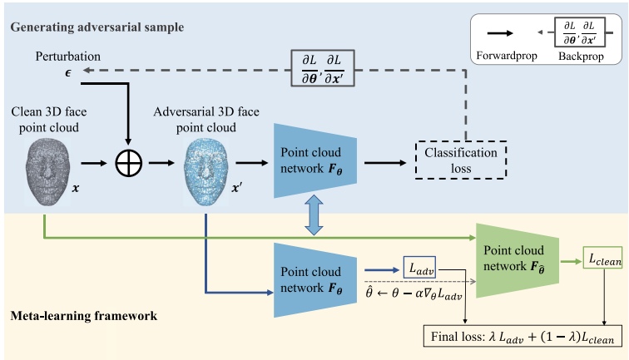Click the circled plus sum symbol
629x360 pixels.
tap(129, 163)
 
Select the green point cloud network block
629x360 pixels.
tap(518, 260)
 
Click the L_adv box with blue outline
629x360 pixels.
tap(419, 268)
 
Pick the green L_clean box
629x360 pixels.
tap(602, 258)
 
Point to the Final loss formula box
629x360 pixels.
tap(523, 336)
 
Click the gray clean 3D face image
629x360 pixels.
tap(47, 171)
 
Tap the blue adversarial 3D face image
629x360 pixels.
tap(206, 171)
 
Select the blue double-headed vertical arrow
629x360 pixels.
tap(314, 215)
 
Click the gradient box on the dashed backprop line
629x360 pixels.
tap(323, 68)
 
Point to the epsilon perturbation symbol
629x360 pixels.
tap(68, 73)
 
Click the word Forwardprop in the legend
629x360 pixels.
tap(507, 56)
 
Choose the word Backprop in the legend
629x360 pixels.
tap(581, 56)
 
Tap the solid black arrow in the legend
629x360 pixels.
tap(500, 33)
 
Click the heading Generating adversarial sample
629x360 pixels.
tap(97, 27)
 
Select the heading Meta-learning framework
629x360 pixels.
tap(84, 315)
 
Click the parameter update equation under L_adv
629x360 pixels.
tap(414, 293)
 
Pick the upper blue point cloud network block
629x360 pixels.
tap(315, 160)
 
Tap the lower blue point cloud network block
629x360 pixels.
tap(315, 280)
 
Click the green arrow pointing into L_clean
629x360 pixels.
tap(571, 261)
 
